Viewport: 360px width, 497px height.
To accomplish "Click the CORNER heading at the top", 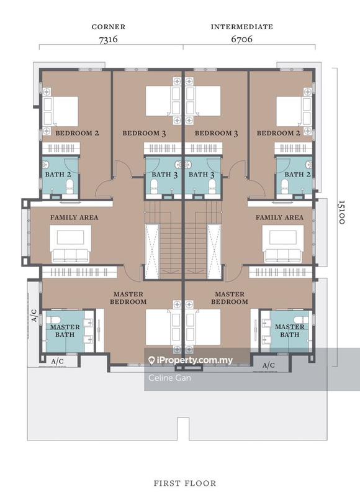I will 109,27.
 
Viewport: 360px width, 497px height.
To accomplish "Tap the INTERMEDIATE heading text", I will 242,27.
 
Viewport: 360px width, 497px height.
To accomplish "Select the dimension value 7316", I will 109,39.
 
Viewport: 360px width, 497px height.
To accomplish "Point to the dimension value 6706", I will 242,39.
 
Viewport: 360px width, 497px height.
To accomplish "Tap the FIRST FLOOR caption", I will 184,483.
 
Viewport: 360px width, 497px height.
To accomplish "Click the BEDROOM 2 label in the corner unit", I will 77,133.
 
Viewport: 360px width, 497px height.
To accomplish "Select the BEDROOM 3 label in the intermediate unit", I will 217,133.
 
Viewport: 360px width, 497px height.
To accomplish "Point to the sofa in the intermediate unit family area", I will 283,255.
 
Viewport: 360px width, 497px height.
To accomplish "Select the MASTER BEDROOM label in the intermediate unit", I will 229,298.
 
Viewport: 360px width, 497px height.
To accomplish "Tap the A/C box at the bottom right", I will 269,365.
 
